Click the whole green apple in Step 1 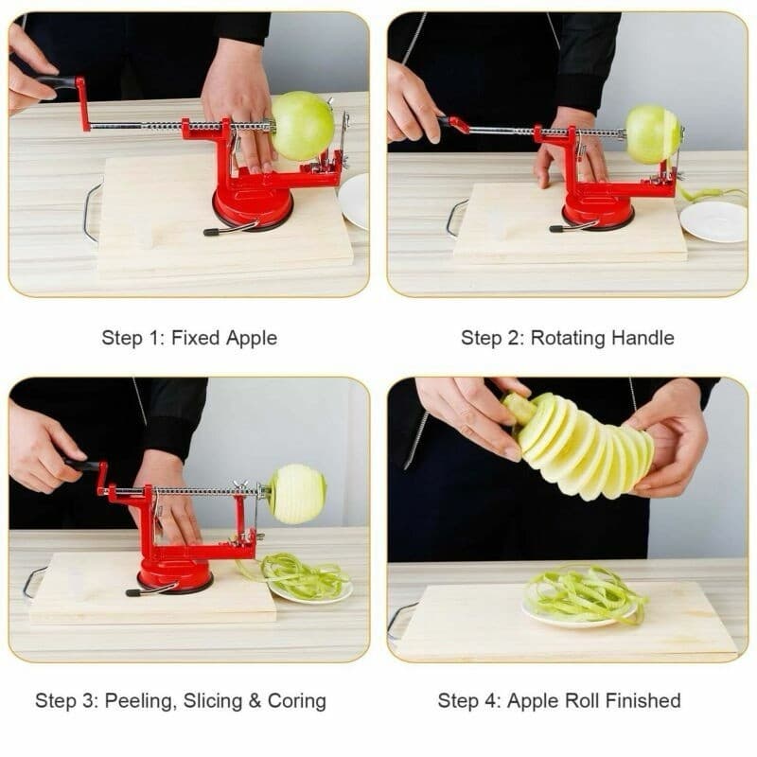pos(303,126)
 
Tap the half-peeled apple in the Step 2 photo pos(653,133)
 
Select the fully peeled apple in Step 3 pos(297,494)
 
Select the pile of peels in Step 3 pos(301,575)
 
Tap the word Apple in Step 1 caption pos(251,338)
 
